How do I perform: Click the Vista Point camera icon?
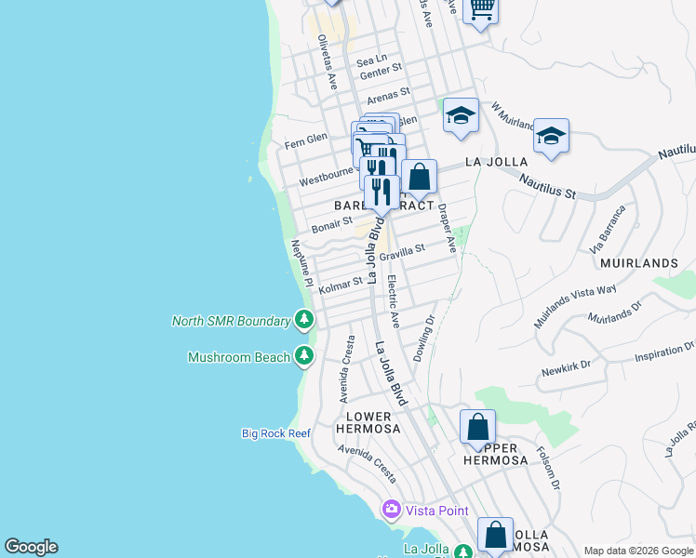point(391,509)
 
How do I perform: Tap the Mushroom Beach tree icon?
point(303,356)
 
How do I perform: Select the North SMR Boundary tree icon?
point(303,321)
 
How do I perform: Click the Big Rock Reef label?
point(275,432)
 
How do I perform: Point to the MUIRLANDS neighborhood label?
point(636,263)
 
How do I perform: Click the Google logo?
point(31,547)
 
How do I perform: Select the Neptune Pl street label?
point(300,263)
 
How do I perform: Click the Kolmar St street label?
point(341,284)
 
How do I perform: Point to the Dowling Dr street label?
point(424,339)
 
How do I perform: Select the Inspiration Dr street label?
point(660,351)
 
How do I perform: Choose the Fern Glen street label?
point(306,139)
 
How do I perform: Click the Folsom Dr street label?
point(549,468)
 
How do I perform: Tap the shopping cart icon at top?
point(481,8)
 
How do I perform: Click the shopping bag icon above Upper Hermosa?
point(477,428)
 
